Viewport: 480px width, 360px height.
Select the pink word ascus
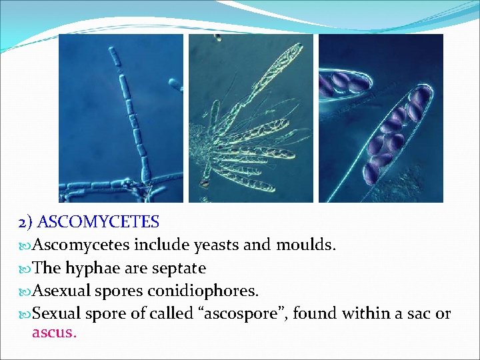pyautogui.click(x=53, y=332)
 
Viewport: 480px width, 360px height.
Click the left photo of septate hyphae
pyautogui.click(x=121, y=118)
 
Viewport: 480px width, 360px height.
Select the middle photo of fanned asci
pyautogui.click(x=251, y=118)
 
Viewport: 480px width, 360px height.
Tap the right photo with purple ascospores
pyautogui.click(x=381, y=118)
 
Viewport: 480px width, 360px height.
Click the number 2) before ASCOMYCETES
pyautogui.click(x=26, y=222)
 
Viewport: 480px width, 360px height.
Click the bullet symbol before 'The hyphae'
pyautogui.click(x=25, y=269)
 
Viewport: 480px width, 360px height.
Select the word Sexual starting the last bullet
pyautogui.click(x=56, y=314)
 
